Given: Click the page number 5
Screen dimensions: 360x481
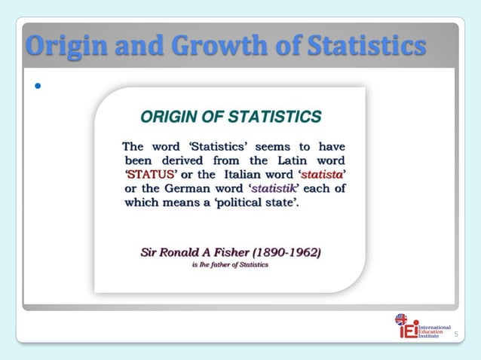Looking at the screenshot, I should tap(455, 331).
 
